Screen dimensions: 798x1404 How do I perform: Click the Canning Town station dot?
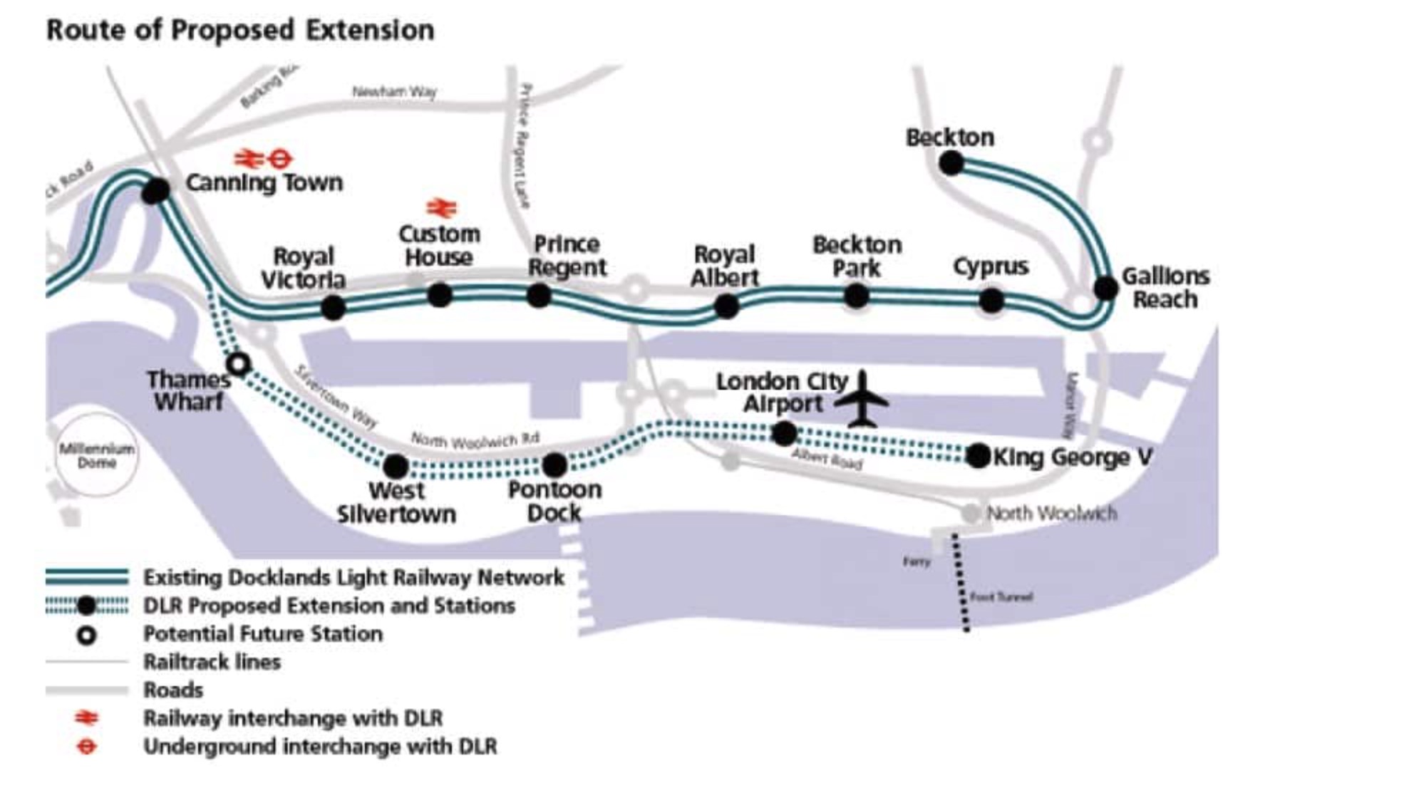(155, 191)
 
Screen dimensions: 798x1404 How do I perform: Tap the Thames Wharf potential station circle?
(238, 364)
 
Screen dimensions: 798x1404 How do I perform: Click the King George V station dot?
(979, 456)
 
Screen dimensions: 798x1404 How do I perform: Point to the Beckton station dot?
(951, 164)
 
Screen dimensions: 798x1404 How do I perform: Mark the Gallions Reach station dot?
(1105, 289)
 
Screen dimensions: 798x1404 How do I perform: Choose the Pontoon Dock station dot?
(554, 465)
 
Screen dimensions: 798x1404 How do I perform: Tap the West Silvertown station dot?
(396, 467)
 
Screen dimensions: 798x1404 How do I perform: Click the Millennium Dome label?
(96, 455)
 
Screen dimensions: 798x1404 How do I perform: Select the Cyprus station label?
(991, 267)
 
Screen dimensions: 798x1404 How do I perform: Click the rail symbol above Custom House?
(441, 208)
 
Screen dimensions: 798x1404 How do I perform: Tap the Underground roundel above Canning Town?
(280, 157)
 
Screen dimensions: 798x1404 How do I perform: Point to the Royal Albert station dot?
(726, 306)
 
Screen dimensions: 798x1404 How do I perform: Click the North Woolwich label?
(1051, 513)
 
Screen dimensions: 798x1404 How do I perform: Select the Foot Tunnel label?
(1001, 597)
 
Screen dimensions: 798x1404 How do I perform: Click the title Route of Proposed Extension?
(240, 31)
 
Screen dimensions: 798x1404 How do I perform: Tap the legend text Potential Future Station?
(263, 633)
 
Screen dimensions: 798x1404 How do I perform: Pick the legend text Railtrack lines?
(212, 662)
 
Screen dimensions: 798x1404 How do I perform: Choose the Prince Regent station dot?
(539, 295)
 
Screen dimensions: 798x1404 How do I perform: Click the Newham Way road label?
(394, 91)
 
